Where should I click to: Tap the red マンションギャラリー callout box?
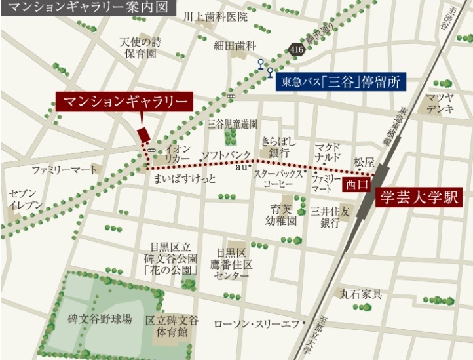(124, 102)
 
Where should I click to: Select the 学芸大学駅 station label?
(419, 197)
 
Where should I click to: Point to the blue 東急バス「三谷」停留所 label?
(341, 82)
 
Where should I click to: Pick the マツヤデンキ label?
(440, 104)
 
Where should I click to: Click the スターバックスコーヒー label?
(278, 180)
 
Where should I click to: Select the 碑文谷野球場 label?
(100, 319)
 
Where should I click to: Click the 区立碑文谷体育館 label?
(172, 325)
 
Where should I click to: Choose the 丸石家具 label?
(360, 293)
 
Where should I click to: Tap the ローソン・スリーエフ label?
(256, 323)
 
